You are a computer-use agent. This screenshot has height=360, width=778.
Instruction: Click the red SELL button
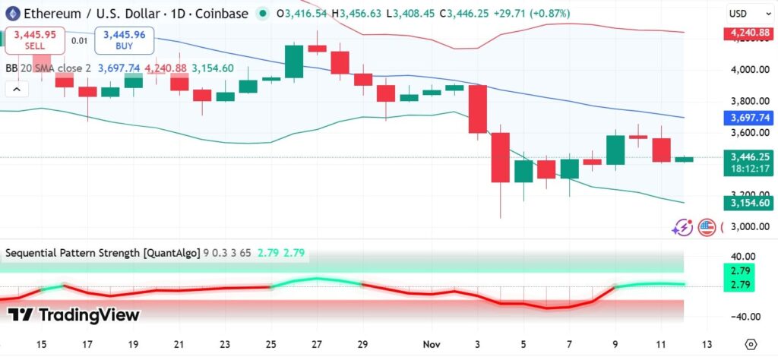[x=34, y=40]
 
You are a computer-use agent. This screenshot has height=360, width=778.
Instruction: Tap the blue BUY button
[x=124, y=40]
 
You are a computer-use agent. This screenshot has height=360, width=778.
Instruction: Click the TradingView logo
[x=74, y=315]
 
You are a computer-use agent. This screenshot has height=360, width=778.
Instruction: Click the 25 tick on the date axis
[x=270, y=343]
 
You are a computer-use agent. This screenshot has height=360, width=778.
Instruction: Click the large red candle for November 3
[x=477, y=109]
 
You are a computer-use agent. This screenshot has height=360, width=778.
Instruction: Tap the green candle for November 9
[x=615, y=150]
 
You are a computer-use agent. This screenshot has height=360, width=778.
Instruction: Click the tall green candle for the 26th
[x=294, y=61]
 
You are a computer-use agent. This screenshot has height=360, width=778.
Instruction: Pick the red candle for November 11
[x=661, y=150]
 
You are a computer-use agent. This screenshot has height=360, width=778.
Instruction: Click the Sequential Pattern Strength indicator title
[x=103, y=252]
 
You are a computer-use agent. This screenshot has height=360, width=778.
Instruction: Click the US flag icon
[x=707, y=226]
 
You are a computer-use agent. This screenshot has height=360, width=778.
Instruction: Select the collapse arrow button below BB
[x=16, y=89]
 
